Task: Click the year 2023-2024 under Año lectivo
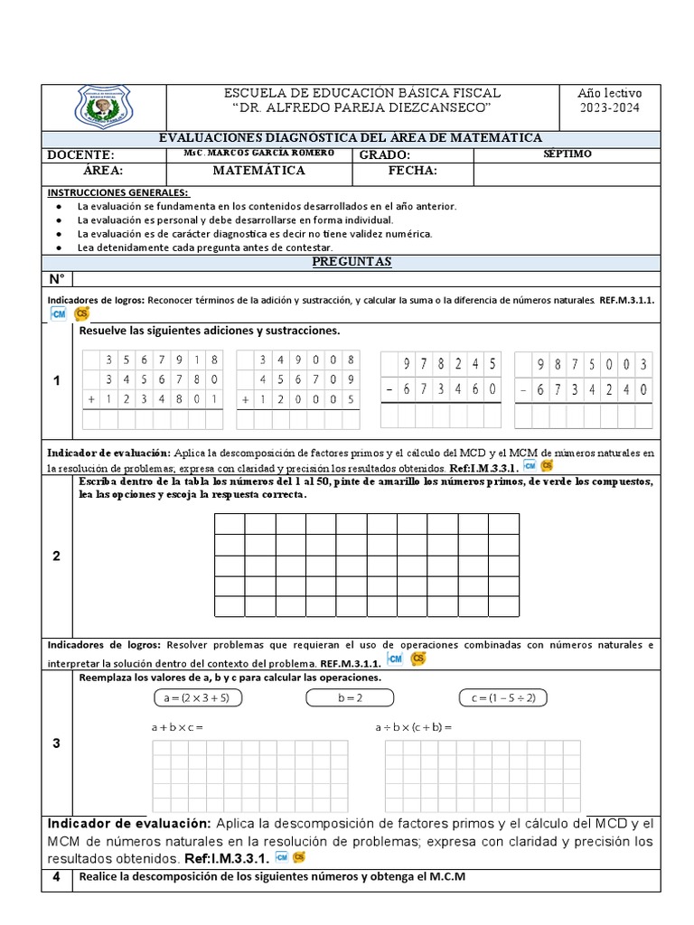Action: [609, 109]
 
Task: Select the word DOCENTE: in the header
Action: [80, 154]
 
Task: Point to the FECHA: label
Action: [413, 170]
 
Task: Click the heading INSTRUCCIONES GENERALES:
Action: [118, 192]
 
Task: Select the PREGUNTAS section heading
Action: [352, 261]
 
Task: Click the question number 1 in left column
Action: [56, 380]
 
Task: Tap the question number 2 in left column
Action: [56, 556]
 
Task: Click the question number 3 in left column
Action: [56, 743]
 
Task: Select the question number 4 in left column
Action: [56, 876]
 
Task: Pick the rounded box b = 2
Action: [350, 697]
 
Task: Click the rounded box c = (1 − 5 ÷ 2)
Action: [503, 697]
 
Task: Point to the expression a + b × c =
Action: [177, 727]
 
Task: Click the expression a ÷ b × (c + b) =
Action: [413, 727]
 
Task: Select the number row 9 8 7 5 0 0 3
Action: [584, 364]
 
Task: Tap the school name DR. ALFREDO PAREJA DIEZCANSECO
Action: [361, 109]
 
